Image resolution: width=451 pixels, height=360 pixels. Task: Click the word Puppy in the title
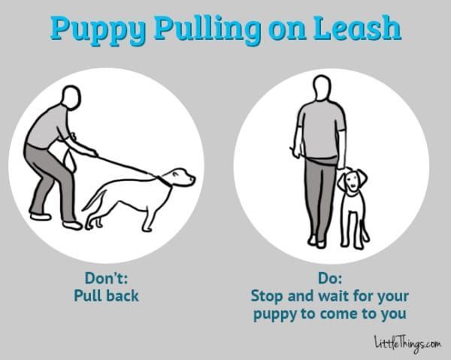click(x=98, y=29)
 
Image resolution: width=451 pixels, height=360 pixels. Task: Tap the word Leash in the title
click(x=357, y=28)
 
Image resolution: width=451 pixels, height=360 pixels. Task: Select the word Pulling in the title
click(x=207, y=29)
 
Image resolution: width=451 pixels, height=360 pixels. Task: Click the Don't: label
click(x=106, y=278)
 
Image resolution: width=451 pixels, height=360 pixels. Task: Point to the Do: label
click(x=330, y=278)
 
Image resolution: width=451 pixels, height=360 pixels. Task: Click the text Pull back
click(x=106, y=296)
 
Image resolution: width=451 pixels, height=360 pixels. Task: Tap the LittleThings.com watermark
click(x=407, y=343)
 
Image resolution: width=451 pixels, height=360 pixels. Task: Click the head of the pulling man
click(x=71, y=98)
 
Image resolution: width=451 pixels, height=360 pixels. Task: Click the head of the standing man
click(x=322, y=88)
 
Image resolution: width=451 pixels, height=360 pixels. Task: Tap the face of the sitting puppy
click(x=352, y=181)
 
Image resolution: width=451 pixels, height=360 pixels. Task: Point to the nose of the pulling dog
click(x=192, y=179)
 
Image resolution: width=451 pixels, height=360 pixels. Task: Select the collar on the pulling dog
click(x=163, y=181)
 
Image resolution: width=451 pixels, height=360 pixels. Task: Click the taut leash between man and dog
click(x=126, y=165)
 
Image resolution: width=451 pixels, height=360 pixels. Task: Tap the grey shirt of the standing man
click(x=321, y=130)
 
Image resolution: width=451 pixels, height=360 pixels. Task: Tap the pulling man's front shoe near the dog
click(x=72, y=225)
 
